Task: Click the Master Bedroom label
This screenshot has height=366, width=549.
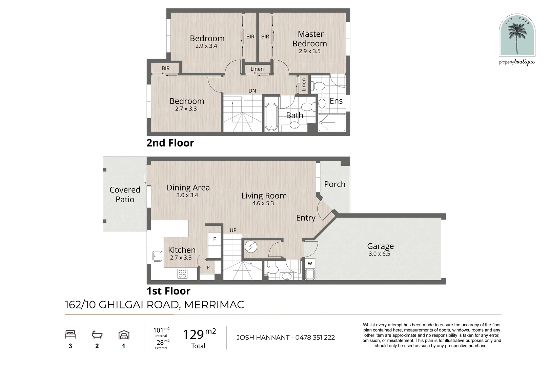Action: [x=310, y=39]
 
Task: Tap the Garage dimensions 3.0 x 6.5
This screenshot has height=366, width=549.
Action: [x=380, y=254]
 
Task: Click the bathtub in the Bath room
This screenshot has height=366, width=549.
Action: [x=271, y=117]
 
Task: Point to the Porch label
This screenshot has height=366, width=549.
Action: [x=334, y=184]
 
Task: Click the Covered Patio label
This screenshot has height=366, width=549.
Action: [x=125, y=195]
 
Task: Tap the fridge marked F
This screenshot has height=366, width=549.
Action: [x=215, y=239]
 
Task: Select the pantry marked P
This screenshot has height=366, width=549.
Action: [x=208, y=267]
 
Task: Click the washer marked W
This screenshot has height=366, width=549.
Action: [x=310, y=264]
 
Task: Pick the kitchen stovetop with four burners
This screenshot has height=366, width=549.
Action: [x=182, y=273]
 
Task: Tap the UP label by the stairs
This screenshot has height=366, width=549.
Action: [x=233, y=230]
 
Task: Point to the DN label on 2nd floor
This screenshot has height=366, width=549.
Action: [x=252, y=91]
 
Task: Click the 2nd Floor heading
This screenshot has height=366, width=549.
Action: [x=170, y=143]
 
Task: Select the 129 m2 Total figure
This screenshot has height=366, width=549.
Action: [x=199, y=338]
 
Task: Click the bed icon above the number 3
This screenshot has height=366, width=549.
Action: [x=70, y=334]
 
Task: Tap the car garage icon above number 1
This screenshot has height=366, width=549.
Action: [x=124, y=335]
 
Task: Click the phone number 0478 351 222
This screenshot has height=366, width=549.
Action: [x=315, y=338]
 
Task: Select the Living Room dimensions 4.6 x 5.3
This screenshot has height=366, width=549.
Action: [x=263, y=203]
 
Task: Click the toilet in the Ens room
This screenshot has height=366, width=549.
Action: [x=318, y=86]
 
